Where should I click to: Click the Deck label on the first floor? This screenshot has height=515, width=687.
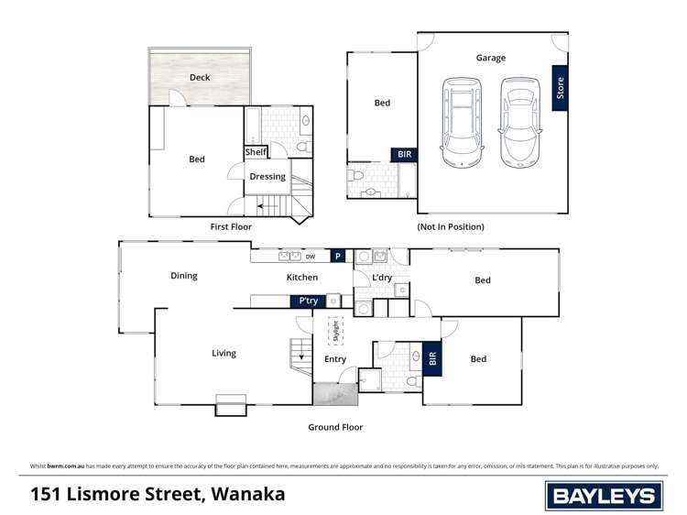[200, 78]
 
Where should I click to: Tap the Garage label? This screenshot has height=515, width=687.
[490, 58]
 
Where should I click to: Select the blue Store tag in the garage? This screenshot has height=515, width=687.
[560, 88]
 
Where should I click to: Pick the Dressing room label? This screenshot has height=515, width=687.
[267, 177]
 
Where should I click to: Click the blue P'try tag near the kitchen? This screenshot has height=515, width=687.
[306, 301]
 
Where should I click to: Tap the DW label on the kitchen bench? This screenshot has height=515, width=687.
[311, 257]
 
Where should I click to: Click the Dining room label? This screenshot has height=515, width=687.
[183, 276]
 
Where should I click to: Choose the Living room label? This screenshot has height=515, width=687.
[224, 353]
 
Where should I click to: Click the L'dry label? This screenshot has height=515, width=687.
[382, 278]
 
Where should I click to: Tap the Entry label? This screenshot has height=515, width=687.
[335, 359]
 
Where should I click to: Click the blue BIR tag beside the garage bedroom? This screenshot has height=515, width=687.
[404, 156]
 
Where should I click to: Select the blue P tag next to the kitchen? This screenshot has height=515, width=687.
[338, 257]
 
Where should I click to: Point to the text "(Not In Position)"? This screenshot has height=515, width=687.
[451, 226]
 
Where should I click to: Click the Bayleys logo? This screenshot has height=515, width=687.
[604, 496]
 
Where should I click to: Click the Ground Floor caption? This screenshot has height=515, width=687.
[335, 427]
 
